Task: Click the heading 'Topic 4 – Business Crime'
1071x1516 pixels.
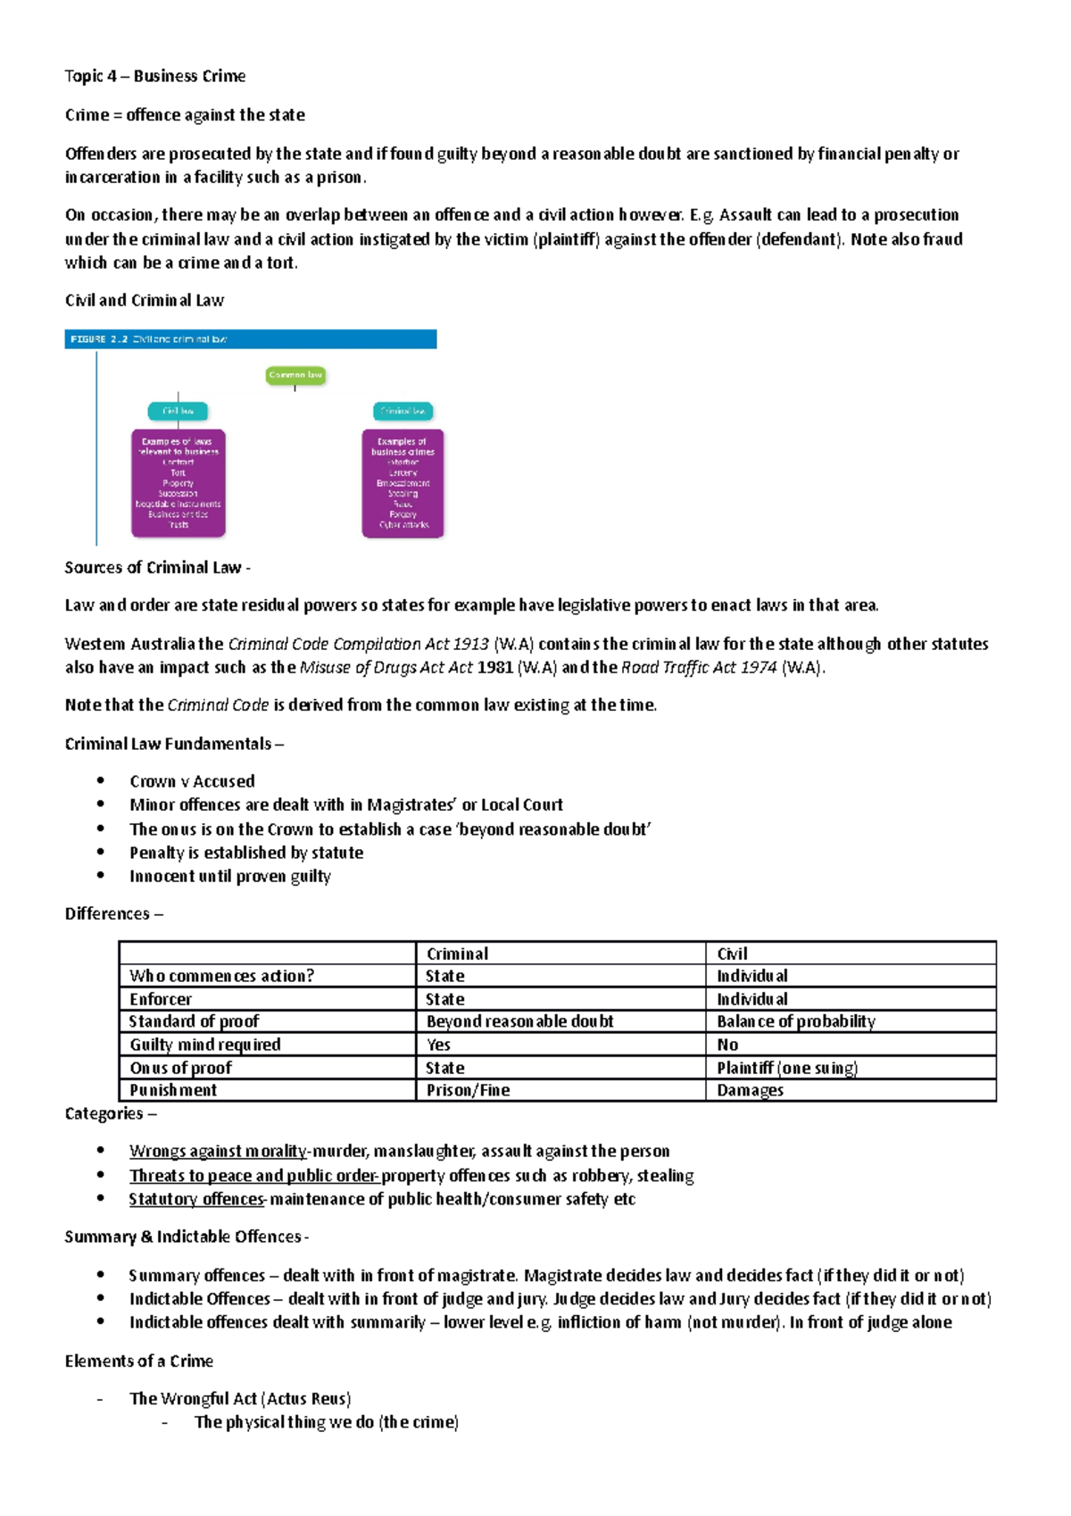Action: (154, 76)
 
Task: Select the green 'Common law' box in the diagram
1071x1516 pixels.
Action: (295, 375)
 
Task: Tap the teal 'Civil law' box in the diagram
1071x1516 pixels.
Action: (178, 412)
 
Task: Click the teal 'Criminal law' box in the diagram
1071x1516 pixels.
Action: (403, 412)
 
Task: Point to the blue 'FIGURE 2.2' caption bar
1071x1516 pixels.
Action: (250, 339)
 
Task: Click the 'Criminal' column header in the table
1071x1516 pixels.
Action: (457, 954)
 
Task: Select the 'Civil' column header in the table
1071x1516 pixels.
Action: (732, 954)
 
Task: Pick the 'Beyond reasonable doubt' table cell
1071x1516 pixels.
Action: (519, 1021)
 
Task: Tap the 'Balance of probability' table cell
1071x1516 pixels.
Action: (795, 1021)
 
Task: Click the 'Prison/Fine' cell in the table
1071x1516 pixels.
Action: (468, 1090)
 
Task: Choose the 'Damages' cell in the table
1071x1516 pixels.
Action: (750, 1090)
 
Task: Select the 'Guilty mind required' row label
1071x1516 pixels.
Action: (204, 1045)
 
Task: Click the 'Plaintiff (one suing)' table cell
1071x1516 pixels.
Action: (786, 1068)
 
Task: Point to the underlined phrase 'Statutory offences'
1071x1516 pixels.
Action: (196, 1199)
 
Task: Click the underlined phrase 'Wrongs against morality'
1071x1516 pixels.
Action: (218, 1151)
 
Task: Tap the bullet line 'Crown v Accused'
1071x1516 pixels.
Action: (192, 781)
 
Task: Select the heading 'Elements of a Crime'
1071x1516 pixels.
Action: (138, 1361)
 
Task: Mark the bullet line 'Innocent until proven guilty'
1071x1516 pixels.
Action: (229, 876)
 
